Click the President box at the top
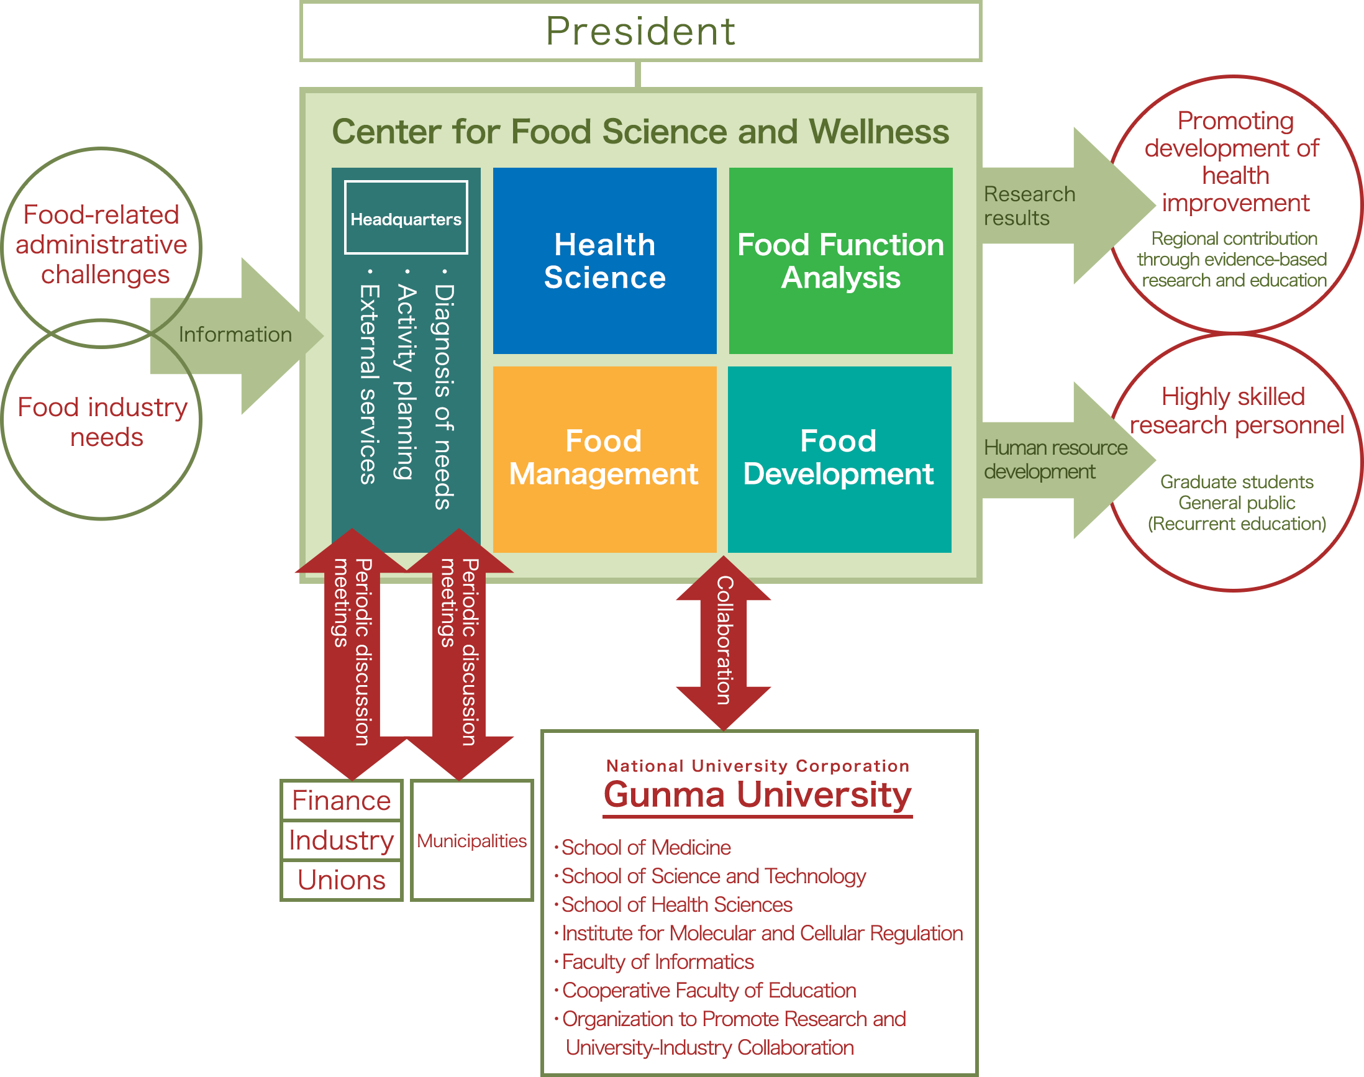(640, 32)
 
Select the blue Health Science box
(604, 260)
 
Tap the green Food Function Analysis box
(840, 260)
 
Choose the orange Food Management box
(604, 458)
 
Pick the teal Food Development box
(839, 458)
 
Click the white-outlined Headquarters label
(406, 218)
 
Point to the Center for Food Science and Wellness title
(640, 132)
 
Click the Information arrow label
(235, 334)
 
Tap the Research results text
(1029, 206)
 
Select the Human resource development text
(1055, 460)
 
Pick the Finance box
(341, 801)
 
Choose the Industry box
(341, 840)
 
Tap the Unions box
(341, 880)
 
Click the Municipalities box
(471, 840)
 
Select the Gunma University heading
(757, 794)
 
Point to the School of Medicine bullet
(646, 847)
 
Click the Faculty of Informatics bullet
(657, 961)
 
